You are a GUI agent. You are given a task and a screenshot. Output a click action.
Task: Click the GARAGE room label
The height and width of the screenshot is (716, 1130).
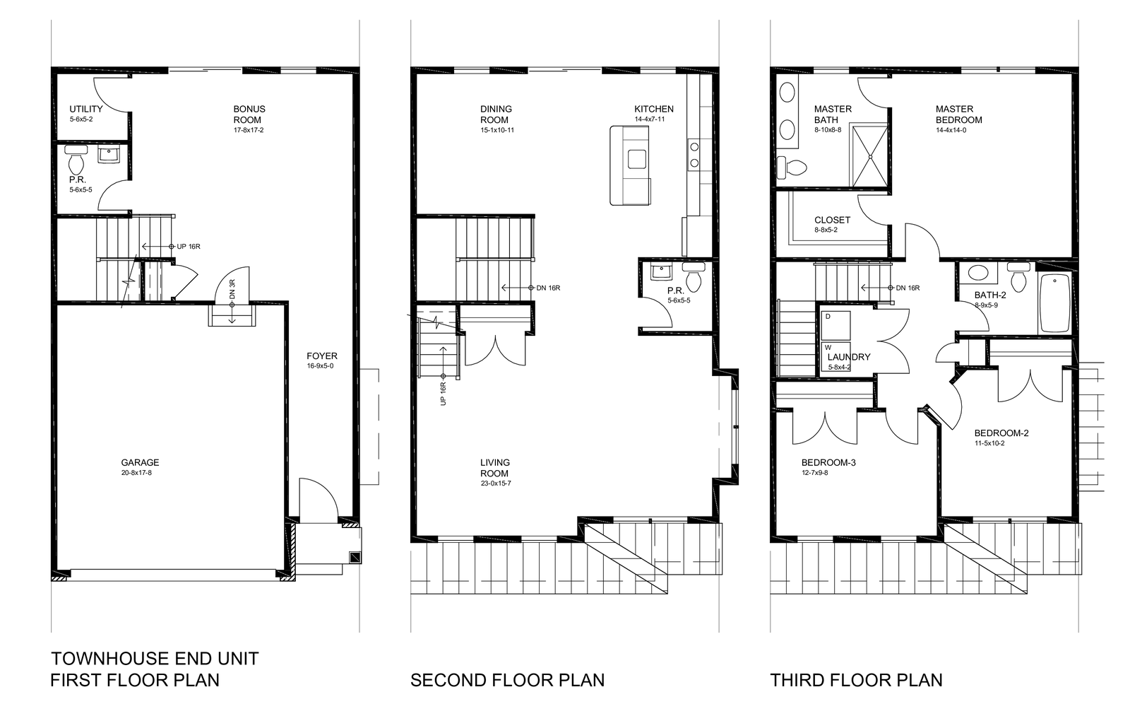(x=140, y=462)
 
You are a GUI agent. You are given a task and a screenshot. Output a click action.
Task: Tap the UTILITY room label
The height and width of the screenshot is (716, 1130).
(x=85, y=109)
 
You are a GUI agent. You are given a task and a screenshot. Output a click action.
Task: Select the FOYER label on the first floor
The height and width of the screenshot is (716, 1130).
(x=322, y=356)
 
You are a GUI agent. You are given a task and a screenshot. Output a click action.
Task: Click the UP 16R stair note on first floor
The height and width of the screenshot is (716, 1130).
(x=189, y=247)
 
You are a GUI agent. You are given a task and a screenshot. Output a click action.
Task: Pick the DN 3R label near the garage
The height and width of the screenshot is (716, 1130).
(x=232, y=290)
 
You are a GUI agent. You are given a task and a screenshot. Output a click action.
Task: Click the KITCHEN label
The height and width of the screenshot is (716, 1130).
(x=654, y=109)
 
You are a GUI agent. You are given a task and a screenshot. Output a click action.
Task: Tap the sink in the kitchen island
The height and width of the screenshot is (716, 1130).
(x=637, y=159)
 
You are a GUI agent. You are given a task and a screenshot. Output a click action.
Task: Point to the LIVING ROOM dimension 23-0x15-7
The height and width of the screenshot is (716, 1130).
(x=496, y=483)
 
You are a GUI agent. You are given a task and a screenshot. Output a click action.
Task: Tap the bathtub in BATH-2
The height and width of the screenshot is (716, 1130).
(x=1055, y=303)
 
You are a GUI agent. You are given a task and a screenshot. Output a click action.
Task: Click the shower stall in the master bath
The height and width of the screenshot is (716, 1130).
(x=869, y=156)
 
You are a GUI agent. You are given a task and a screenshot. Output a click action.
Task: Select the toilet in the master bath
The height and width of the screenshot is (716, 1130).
(x=792, y=168)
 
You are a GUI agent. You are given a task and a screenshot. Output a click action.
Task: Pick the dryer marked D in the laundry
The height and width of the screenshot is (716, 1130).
(x=835, y=326)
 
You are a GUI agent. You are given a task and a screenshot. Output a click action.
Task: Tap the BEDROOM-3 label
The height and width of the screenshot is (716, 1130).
(x=828, y=462)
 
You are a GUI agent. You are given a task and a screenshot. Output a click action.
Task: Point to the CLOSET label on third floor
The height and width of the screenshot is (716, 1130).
(x=833, y=220)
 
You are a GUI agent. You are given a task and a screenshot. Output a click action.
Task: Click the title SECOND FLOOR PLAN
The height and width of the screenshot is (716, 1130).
(x=508, y=681)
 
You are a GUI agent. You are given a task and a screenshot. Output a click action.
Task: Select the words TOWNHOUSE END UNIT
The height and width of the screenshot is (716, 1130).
(x=155, y=659)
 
